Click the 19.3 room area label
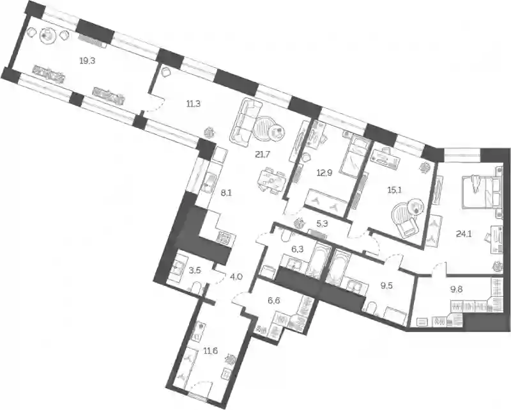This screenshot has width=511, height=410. [88, 61]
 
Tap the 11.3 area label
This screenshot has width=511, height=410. [194, 104]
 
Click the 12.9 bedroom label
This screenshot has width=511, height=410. [324, 173]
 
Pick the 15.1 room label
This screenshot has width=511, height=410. [395, 190]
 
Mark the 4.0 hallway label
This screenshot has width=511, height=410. [236, 277]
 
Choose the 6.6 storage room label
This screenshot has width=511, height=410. [274, 301]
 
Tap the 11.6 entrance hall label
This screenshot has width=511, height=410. [210, 351]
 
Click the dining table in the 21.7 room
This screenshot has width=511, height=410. [271, 180]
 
